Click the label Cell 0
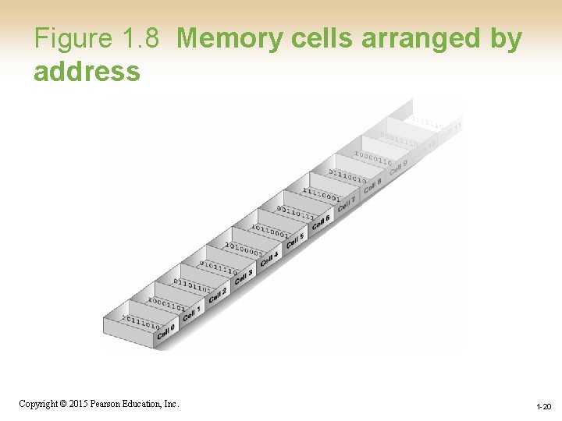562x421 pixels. click(x=165, y=332)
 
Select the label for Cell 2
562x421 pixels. click(x=218, y=295)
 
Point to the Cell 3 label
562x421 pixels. click(x=244, y=276)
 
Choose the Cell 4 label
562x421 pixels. click(x=269, y=258)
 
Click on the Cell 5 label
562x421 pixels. click(x=295, y=240)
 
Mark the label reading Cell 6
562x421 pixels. click(x=321, y=222)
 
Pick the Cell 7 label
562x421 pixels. click(x=347, y=203)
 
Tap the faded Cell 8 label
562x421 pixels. click(x=372, y=186)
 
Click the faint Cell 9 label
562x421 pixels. click(x=398, y=167)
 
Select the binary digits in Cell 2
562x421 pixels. click(x=191, y=285)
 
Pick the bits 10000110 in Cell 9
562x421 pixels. click(x=372, y=158)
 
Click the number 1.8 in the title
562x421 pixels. click(x=140, y=39)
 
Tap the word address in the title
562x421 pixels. click(x=87, y=72)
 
